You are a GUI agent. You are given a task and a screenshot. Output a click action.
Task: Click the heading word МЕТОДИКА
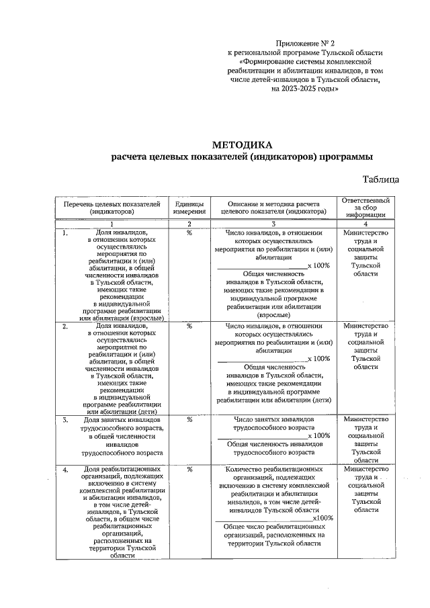(243, 144)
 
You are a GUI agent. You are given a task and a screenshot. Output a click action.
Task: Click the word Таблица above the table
(381, 179)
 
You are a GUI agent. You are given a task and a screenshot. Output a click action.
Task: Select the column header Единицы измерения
(189, 208)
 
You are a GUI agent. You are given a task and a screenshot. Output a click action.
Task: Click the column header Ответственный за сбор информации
(366, 208)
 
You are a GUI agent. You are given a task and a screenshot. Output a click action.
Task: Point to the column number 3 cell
(273, 224)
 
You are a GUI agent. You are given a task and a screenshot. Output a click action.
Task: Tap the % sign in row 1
(189, 233)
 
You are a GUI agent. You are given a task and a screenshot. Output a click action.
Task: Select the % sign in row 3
(189, 420)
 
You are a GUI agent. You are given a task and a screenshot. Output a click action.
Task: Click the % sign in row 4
(189, 470)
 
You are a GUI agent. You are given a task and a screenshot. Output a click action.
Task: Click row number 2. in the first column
(65, 327)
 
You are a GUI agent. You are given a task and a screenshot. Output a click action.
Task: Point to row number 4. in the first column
(65, 470)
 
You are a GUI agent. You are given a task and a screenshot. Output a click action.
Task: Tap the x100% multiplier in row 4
(323, 518)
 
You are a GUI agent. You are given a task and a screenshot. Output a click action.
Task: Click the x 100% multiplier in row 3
(319, 435)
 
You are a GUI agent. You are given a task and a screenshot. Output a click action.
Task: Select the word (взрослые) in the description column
(273, 314)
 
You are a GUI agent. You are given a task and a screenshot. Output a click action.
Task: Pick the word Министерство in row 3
(366, 420)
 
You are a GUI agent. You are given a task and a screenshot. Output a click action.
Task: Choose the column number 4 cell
(366, 224)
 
